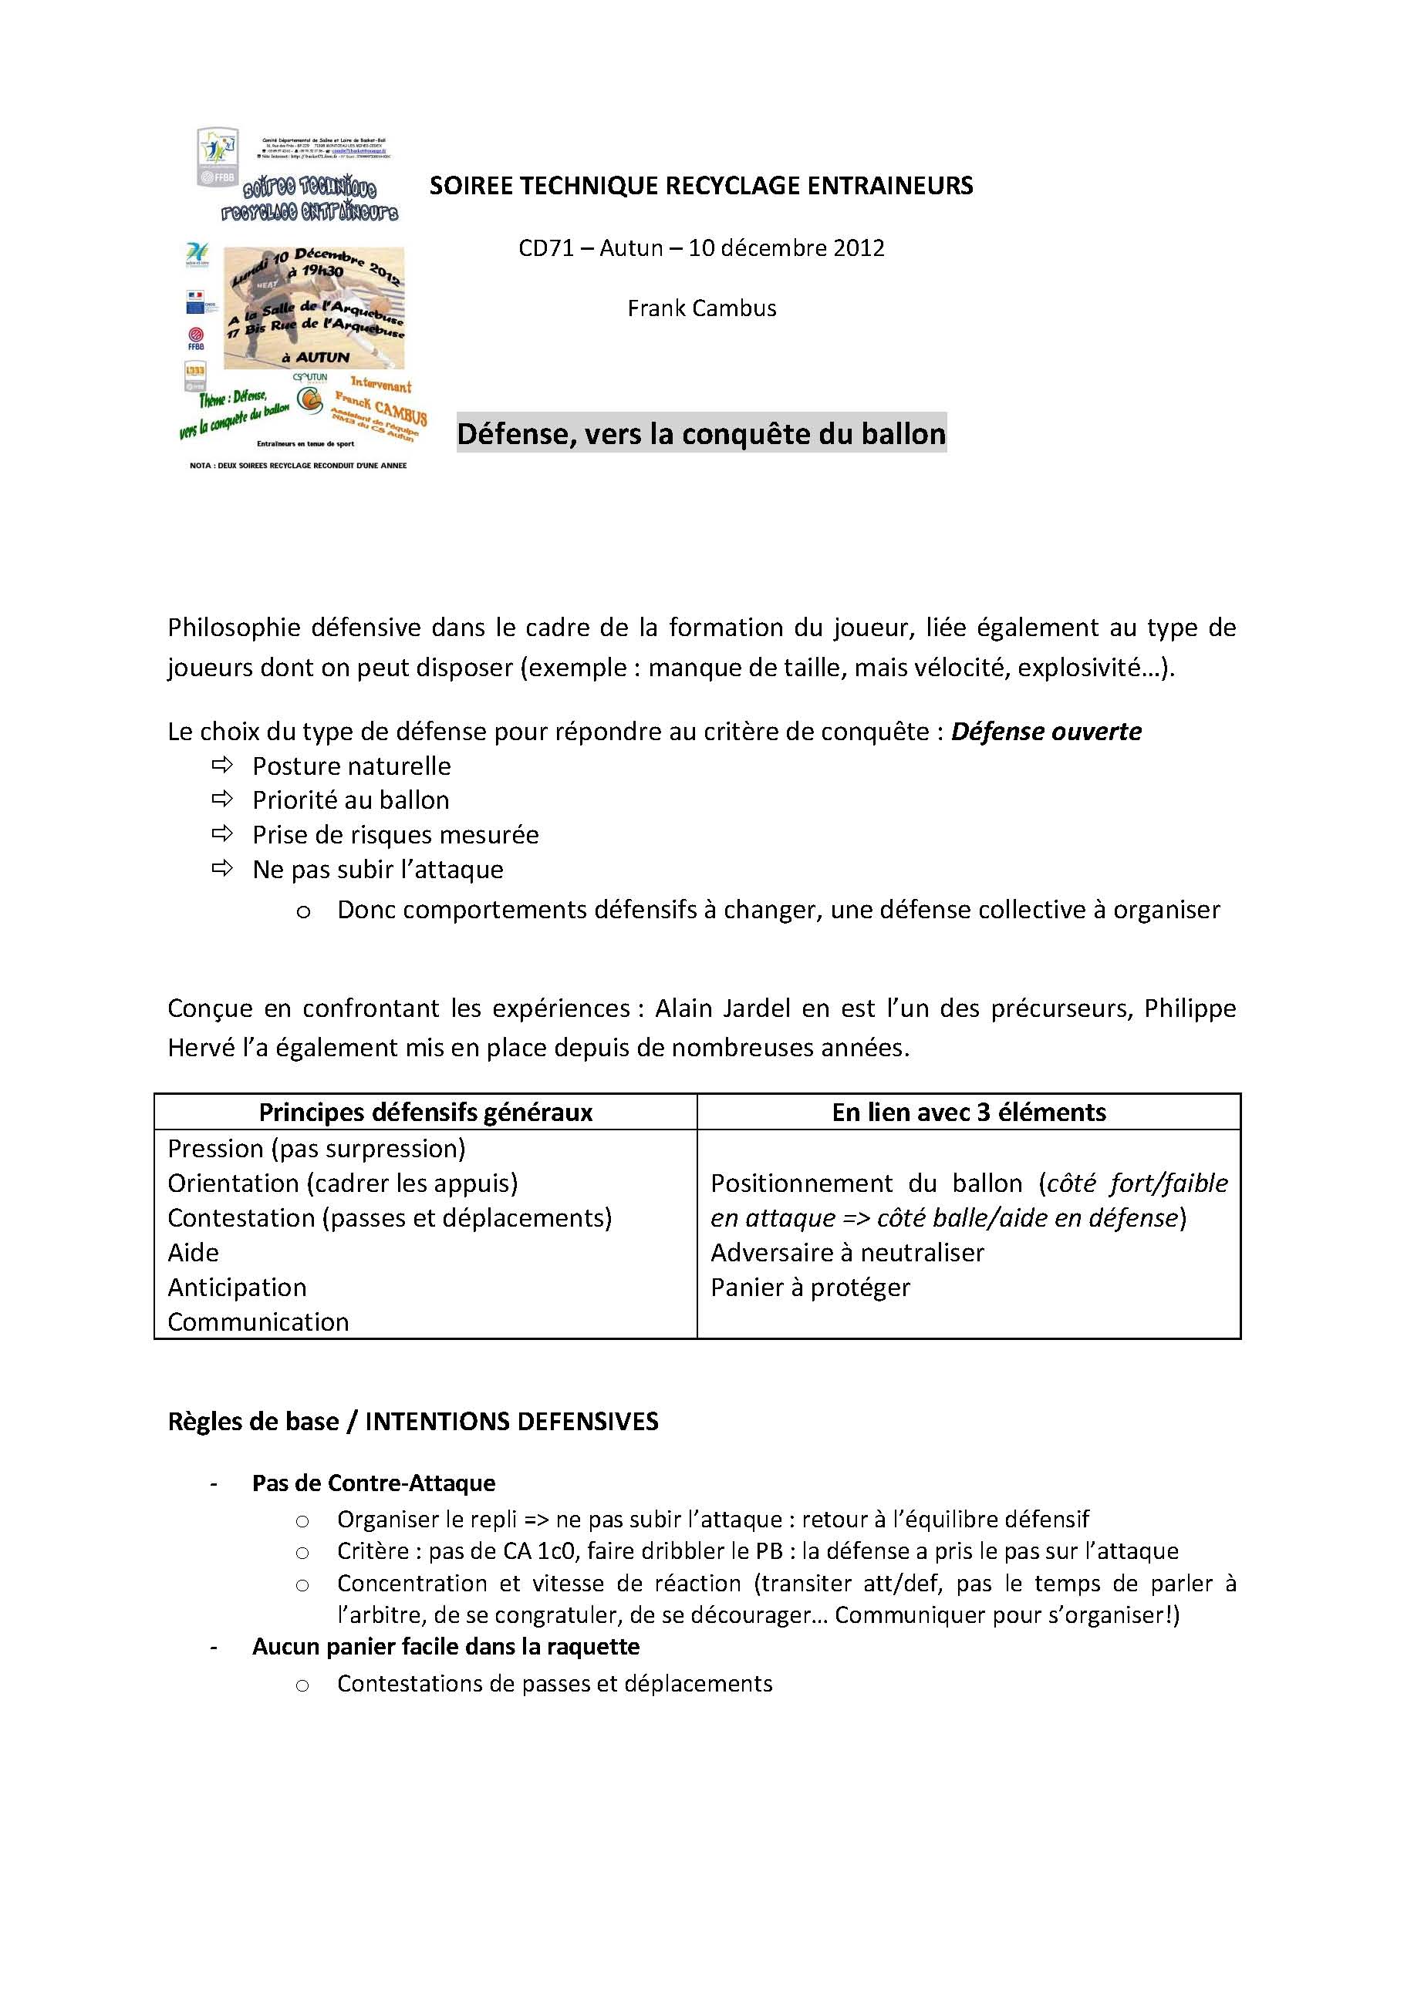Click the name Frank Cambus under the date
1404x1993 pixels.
pyautogui.click(x=701, y=309)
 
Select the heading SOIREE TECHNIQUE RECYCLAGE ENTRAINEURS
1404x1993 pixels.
pyautogui.click(x=700, y=186)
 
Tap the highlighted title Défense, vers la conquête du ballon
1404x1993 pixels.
pyautogui.click(x=700, y=433)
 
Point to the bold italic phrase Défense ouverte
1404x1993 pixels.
pyautogui.click(x=1045, y=732)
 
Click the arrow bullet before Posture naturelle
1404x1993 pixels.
pyautogui.click(x=222, y=765)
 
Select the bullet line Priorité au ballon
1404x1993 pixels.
pyautogui.click(x=351, y=800)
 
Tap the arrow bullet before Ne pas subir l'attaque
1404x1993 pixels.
pyautogui.click(x=222, y=868)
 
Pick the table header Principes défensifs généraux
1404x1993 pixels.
pyautogui.click(x=426, y=1113)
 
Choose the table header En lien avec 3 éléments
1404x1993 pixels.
pyautogui.click(x=968, y=1113)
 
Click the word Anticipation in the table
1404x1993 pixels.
pyautogui.click(x=237, y=1288)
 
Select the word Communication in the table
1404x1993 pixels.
pyautogui.click(x=258, y=1322)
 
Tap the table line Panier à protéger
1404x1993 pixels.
pyautogui.click(x=810, y=1288)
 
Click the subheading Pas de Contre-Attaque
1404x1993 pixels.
pyautogui.click(x=373, y=1483)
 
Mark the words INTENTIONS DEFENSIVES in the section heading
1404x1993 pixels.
pyautogui.click(x=511, y=1422)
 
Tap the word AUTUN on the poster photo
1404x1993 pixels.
pyautogui.click(x=322, y=357)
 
